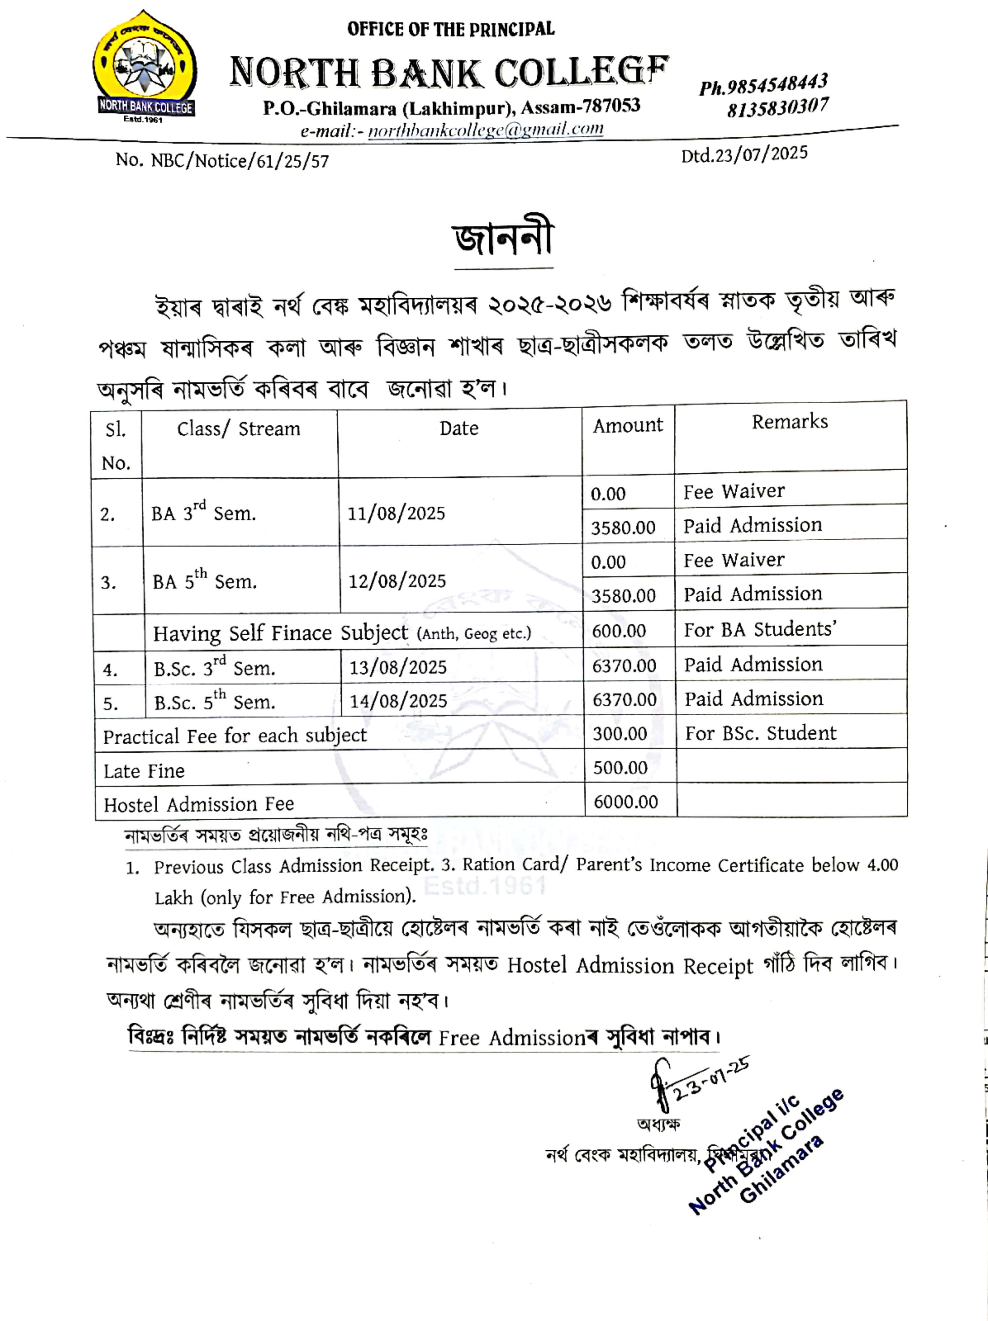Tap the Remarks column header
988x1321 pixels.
click(x=790, y=422)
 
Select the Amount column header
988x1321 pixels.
click(x=628, y=425)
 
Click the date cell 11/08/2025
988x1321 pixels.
click(x=396, y=513)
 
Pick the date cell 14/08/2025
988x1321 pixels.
click(x=398, y=700)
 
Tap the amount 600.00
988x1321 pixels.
click(x=619, y=631)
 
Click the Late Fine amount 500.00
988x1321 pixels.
click(x=620, y=767)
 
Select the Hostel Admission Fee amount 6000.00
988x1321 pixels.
click(x=625, y=802)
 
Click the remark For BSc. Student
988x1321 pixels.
click(x=760, y=733)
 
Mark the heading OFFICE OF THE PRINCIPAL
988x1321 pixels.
click(x=451, y=29)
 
